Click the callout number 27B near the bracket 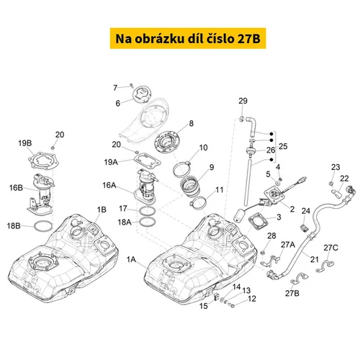(x=292, y=293)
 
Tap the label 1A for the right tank (x=131, y=259)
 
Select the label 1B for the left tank (x=102, y=210)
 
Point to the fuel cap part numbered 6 (x=143, y=94)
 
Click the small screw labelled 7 (x=132, y=85)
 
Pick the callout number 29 (x=243, y=101)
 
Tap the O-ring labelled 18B (x=43, y=227)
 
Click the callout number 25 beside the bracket (x=283, y=146)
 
